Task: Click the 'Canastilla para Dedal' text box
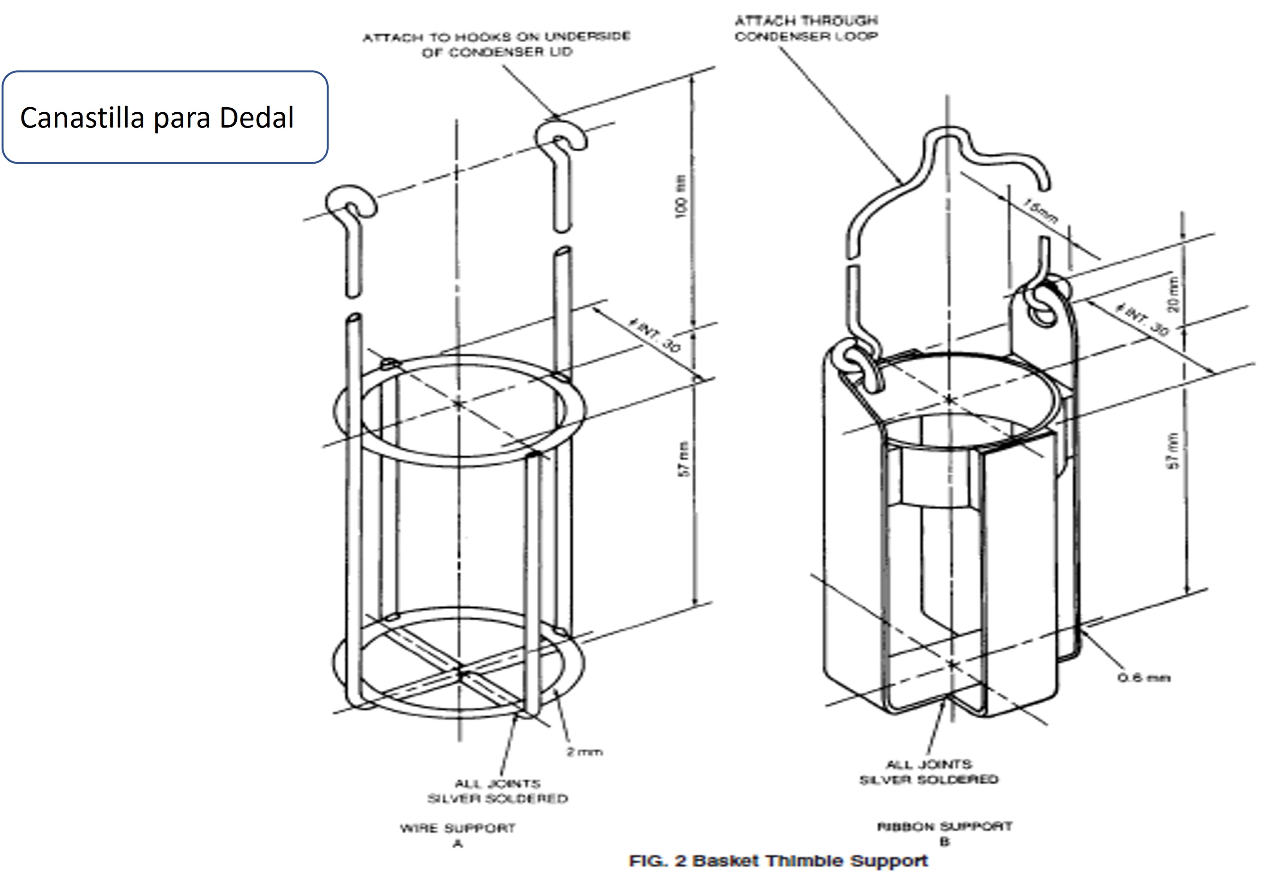click(165, 117)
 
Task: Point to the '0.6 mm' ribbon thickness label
click(1143, 677)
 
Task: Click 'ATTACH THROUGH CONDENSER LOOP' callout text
click(806, 28)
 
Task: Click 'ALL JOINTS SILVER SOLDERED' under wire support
click(497, 791)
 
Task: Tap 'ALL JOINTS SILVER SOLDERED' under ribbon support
click(929, 772)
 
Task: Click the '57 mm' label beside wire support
click(684, 459)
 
